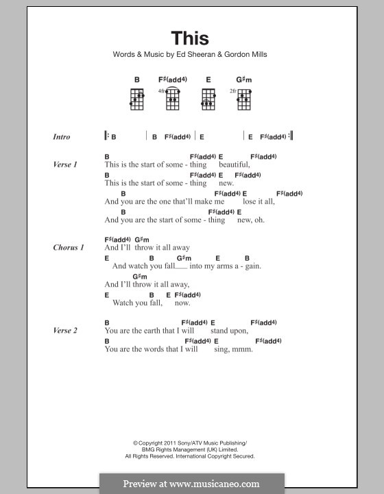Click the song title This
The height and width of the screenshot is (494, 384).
coord(190,38)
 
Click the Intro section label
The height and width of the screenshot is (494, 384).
coord(61,137)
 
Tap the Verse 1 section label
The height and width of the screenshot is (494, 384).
coord(65,165)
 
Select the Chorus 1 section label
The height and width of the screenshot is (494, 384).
coord(69,248)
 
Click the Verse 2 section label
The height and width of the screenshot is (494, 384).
coord(65,331)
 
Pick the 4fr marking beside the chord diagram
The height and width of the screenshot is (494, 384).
coord(162,91)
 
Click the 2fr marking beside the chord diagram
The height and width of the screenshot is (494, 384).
coord(233,91)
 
